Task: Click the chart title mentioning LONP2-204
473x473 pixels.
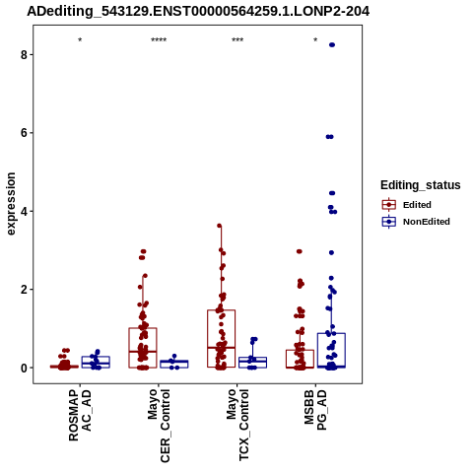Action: (198, 12)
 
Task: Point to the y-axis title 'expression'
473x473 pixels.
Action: (11, 204)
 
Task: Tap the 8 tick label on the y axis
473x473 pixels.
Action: (24, 54)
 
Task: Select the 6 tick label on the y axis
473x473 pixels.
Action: (24, 133)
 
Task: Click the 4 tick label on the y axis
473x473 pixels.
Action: (24, 211)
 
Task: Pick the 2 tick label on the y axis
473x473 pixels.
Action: (24, 290)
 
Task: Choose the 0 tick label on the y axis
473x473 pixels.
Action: (24, 368)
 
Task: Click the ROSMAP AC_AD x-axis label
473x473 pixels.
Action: (80, 415)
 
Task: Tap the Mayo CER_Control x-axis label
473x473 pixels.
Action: (159, 426)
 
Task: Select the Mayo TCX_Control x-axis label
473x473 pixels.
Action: (237, 425)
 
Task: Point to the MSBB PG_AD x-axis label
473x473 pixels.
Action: (315, 410)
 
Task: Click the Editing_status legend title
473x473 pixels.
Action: (421, 185)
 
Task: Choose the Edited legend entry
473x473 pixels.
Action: (407, 205)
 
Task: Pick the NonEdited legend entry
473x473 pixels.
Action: (416, 222)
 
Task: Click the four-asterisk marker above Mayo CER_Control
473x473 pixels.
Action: (159, 40)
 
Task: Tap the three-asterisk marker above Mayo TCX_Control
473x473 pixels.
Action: (237, 40)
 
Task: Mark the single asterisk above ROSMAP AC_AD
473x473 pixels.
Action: (80, 40)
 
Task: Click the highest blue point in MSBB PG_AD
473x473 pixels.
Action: (332, 44)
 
